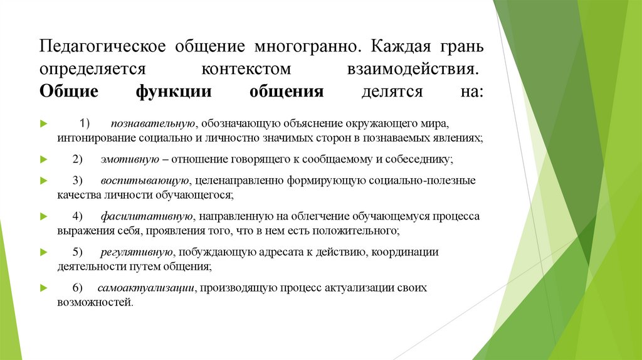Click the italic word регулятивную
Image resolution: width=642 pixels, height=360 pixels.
tap(136, 252)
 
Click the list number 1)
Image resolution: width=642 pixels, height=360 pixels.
tap(85, 123)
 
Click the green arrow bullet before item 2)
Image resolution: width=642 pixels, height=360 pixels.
tap(43, 159)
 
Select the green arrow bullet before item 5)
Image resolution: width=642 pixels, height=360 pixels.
tap(43, 252)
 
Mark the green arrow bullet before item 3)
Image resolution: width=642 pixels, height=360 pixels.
tap(43, 181)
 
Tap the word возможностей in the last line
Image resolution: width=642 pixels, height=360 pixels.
tap(94, 302)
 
